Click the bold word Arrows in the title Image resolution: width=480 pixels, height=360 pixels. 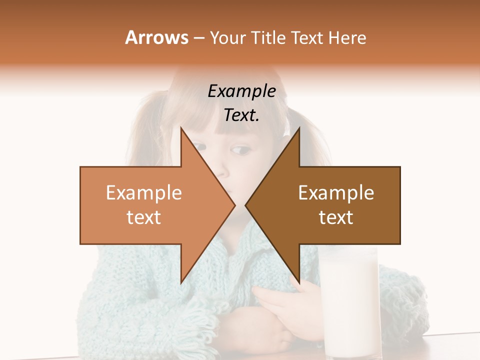157,38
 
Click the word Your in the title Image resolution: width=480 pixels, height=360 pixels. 226,38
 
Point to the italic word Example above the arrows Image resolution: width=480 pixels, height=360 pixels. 241,91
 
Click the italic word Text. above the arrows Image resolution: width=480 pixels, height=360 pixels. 241,115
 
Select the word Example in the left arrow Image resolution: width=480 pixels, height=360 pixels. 144,193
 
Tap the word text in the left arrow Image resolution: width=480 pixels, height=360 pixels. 144,217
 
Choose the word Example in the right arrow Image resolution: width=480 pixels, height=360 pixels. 336,193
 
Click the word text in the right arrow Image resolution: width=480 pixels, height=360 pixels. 336,217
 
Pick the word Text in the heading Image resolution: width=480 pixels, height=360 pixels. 306,38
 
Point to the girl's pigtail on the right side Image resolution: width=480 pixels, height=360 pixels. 315,135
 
